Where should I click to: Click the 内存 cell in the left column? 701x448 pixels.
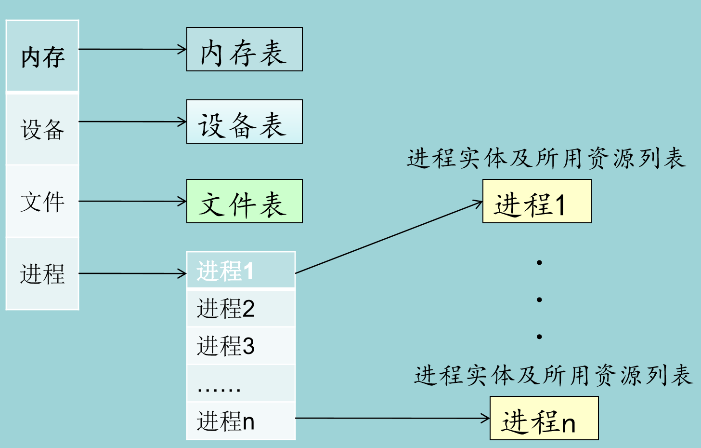[x=42, y=56]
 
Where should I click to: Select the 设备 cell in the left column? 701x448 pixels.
[x=42, y=129]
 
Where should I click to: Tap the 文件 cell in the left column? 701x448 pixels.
[x=42, y=201]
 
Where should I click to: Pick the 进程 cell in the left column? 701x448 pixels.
[x=42, y=273]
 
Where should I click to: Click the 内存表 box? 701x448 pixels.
[x=244, y=50]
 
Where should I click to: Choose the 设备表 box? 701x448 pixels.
[x=244, y=122]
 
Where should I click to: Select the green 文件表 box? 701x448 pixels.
[x=244, y=201]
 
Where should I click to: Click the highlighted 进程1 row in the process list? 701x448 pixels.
[x=241, y=270]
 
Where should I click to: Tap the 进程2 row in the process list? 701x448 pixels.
[x=241, y=308]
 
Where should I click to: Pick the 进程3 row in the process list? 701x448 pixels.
[x=241, y=346]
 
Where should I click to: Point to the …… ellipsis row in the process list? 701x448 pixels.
[x=241, y=383]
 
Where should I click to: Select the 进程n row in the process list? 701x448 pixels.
[x=241, y=421]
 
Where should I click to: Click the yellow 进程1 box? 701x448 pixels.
[x=537, y=201]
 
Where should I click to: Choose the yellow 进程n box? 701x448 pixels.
[x=544, y=418]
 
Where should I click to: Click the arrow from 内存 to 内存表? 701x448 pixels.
[x=132, y=49]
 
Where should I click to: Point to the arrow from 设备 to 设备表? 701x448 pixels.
[x=132, y=122]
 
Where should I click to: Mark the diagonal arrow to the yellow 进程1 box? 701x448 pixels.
[x=389, y=237]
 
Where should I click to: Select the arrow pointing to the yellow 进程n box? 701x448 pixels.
[x=392, y=418]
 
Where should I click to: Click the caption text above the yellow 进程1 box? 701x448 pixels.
[x=546, y=158]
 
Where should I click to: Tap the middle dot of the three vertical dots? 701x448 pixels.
[x=539, y=299]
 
